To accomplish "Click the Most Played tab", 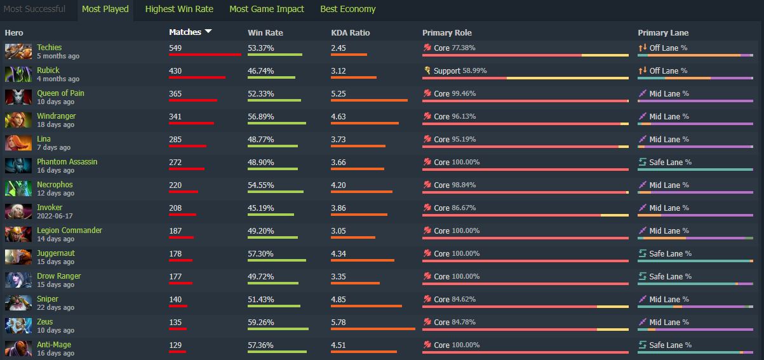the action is pyautogui.click(x=105, y=9).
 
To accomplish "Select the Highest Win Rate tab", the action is pyautogui.click(x=179, y=9).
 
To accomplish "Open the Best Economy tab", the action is pyautogui.click(x=348, y=9).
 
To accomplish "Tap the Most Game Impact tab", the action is pyautogui.click(x=266, y=9).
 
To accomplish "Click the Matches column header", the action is pyautogui.click(x=185, y=32).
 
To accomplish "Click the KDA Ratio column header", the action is pyautogui.click(x=351, y=33).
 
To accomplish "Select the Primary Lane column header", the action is pyautogui.click(x=663, y=33).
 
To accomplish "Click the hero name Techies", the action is pyautogui.click(x=49, y=48).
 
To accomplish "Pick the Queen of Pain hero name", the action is pyautogui.click(x=60, y=93).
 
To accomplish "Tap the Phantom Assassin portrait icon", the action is pyautogui.click(x=18, y=166).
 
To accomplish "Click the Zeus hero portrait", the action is pyautogui.click(x=18, y=326).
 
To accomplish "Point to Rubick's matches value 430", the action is pyautogui.click(x=175, y=71).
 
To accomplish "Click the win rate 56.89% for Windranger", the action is pyautogui.click(x=261, y=117).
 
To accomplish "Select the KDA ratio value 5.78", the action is pyautogui.click(x=338, y=322).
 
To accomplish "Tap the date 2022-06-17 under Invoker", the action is pyautogui.click(x=55, y=216).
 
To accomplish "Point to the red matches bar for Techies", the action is pyautogui.click(x=205, y=55).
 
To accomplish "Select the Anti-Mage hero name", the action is pyautogui.click(x=54, y=345).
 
